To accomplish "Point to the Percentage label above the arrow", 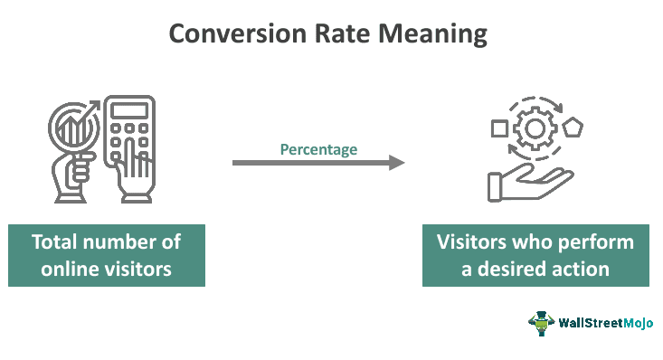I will (318, 149).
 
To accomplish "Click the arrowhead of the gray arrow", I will (396, 163).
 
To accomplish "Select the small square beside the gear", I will (498, 129).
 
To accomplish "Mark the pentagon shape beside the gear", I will (573, 128).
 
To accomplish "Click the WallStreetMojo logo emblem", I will (541, 323).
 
